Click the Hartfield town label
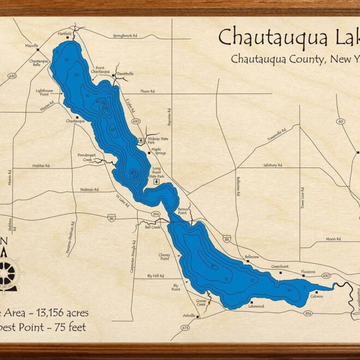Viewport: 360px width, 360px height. point(64,34)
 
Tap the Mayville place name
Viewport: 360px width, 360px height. point(32,46)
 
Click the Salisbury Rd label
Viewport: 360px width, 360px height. point(272,165)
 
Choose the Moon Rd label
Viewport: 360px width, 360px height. point(333,239)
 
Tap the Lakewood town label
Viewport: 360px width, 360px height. point(256,307)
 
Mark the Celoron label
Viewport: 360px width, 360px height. point(316,296)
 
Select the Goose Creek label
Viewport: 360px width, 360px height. point(201,302)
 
